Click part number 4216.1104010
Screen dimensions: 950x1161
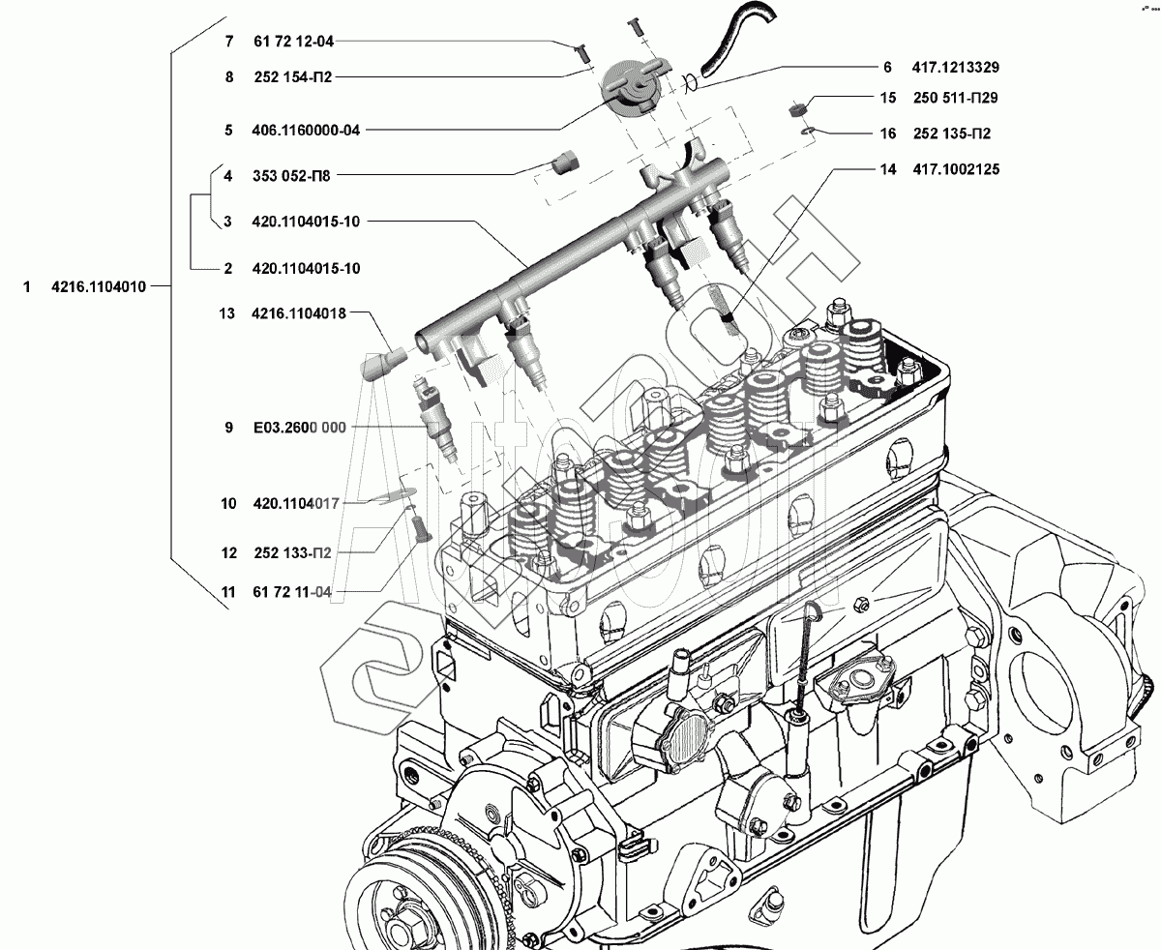click(99, 286)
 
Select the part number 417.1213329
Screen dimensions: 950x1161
click(955, 68)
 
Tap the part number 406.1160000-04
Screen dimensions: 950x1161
click(306, 130)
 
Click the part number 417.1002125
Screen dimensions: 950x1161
click(956, 169)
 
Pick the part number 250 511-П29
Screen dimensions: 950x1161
click(956, 98)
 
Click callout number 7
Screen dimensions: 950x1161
click(229, 43)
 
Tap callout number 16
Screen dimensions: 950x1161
click(888, 134)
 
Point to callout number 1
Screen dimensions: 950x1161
click(28, 286)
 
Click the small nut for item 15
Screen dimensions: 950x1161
click(798, 107)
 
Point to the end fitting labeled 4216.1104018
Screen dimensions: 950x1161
click(378, 364)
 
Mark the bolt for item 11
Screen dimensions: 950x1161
click(419, 528)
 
